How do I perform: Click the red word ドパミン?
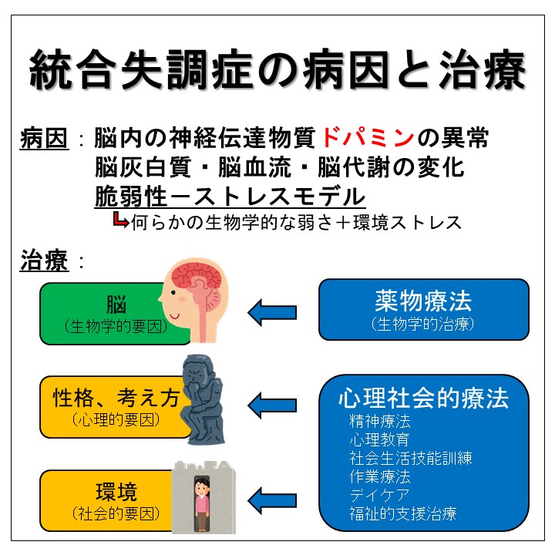point(368,138)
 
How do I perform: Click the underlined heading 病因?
point(44,139)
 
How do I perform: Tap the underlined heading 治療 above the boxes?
point(44,261)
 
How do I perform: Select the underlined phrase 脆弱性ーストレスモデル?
point(230,197)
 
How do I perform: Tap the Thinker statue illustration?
point(203,399)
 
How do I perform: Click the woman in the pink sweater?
point(202,503)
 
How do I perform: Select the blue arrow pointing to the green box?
point(272,312)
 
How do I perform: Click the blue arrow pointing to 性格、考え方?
point(272,405)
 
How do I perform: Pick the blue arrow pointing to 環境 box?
point(272,500)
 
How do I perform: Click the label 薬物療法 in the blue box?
point(423,301)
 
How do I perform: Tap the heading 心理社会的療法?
point(423,398)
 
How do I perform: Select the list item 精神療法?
point(380,422)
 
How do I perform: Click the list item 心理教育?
point(379,440)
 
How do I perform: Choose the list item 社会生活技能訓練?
point(411,459)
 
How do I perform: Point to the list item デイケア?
point(379,495)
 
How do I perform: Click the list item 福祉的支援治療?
point(403,513)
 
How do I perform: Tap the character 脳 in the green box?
point(116,304)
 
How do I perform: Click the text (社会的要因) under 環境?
point(116,513)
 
